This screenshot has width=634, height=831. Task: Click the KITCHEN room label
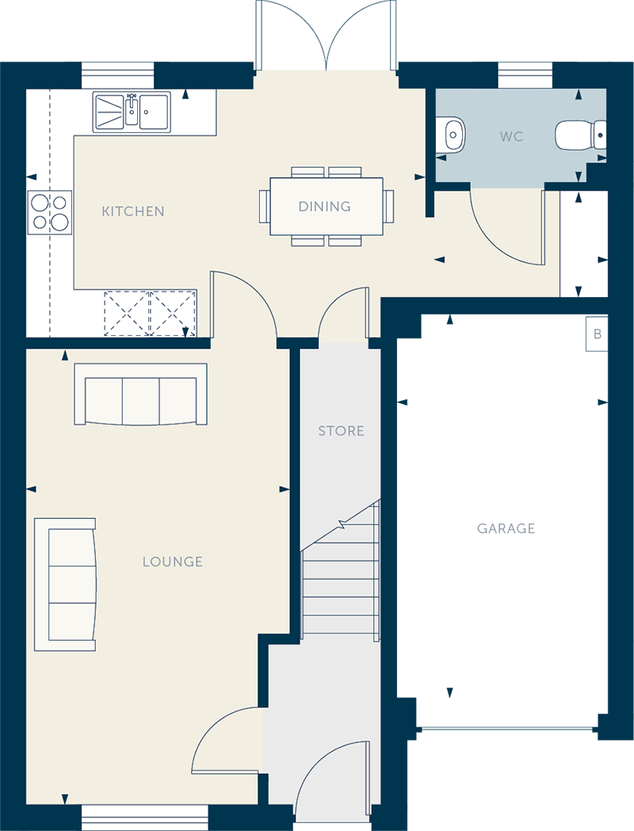132,212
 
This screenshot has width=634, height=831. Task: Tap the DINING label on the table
324,206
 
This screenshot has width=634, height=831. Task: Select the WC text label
511,137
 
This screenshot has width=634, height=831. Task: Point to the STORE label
341,431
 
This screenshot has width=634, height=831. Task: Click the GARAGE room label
506,528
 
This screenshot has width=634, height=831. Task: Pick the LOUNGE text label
172,562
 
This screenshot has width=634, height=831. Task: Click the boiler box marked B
597,334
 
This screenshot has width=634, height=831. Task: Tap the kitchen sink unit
132,112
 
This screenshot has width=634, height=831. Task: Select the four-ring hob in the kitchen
50,212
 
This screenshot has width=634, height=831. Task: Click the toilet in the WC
580,135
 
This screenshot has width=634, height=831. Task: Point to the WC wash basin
453,135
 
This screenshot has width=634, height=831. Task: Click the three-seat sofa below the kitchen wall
140,394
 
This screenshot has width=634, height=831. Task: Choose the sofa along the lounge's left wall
65,584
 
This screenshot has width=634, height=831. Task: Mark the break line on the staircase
341,525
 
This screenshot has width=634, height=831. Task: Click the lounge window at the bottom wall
145,818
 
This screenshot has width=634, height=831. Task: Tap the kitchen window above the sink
117,75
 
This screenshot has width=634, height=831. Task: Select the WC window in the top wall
525,75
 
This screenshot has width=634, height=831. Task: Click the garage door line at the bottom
507,730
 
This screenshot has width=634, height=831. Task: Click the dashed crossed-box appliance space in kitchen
150,313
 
